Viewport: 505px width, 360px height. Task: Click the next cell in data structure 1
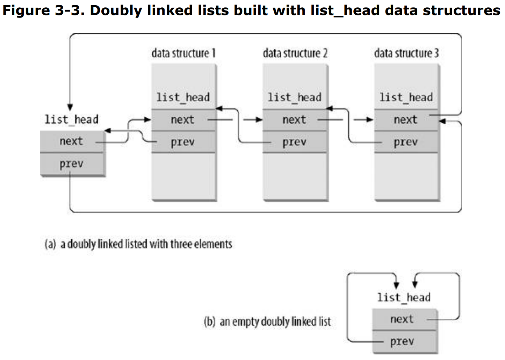click(x=183, y=120)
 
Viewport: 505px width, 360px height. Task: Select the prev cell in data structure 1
click(x=183, y=142)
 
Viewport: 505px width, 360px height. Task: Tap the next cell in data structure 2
click(x=295, y=120)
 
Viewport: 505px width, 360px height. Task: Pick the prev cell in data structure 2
click(x=295, y=142)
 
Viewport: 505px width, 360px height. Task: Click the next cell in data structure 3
click(x=406, y=120)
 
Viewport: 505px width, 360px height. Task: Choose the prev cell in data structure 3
click(x=406, y=142)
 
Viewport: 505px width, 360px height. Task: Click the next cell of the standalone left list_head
click(x=72, y=142)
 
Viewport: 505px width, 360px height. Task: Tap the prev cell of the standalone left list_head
click(x=72, y=164)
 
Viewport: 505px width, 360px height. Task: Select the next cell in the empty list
click(x=404, y=319)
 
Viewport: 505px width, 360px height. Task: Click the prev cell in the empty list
click(x=404, y=341)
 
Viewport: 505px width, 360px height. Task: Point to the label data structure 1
click(x=183, y=53)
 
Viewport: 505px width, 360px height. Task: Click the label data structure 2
click(x=295, y=53)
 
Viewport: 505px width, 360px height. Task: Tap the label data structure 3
click(x=406, y=53)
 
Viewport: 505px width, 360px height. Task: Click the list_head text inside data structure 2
click(x=295, y=97)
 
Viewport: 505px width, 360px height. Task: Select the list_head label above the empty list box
click(x=404, y=297)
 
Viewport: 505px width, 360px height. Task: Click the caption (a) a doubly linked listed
click(x=138, y=244)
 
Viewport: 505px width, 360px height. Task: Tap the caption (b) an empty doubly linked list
click(x=267, y=322)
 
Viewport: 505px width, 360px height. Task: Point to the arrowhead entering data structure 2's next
click(x=259, y=120)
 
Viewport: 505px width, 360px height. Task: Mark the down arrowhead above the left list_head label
click(x=70, y=107)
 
